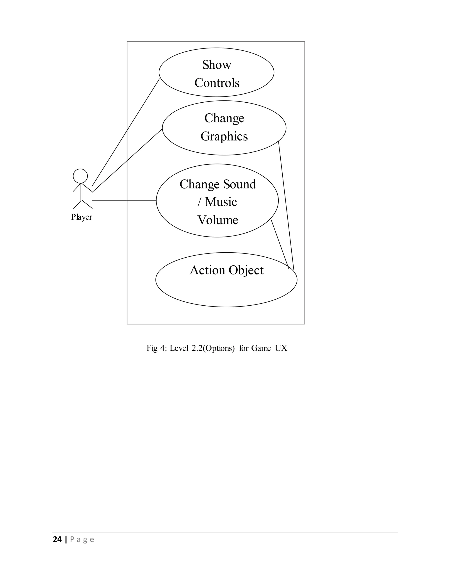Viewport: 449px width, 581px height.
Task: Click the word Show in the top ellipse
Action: (217, 65)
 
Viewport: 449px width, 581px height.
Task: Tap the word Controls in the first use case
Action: (217, 83)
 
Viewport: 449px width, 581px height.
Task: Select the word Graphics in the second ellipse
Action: (224, 136)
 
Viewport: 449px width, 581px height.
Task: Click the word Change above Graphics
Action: (224, 118)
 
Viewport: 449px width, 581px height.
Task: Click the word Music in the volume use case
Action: (221, 202)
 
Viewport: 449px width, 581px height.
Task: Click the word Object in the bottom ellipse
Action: (246, 270)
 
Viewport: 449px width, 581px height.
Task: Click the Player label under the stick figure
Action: (81, 217)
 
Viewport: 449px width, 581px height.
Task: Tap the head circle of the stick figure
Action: (80, 176)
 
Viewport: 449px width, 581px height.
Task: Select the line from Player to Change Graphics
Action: (127, 160)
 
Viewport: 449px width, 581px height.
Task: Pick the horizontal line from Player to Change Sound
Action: (124, 200)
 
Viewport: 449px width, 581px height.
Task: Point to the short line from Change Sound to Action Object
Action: (280, 244)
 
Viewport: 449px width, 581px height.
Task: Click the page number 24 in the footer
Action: (57, 540)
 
